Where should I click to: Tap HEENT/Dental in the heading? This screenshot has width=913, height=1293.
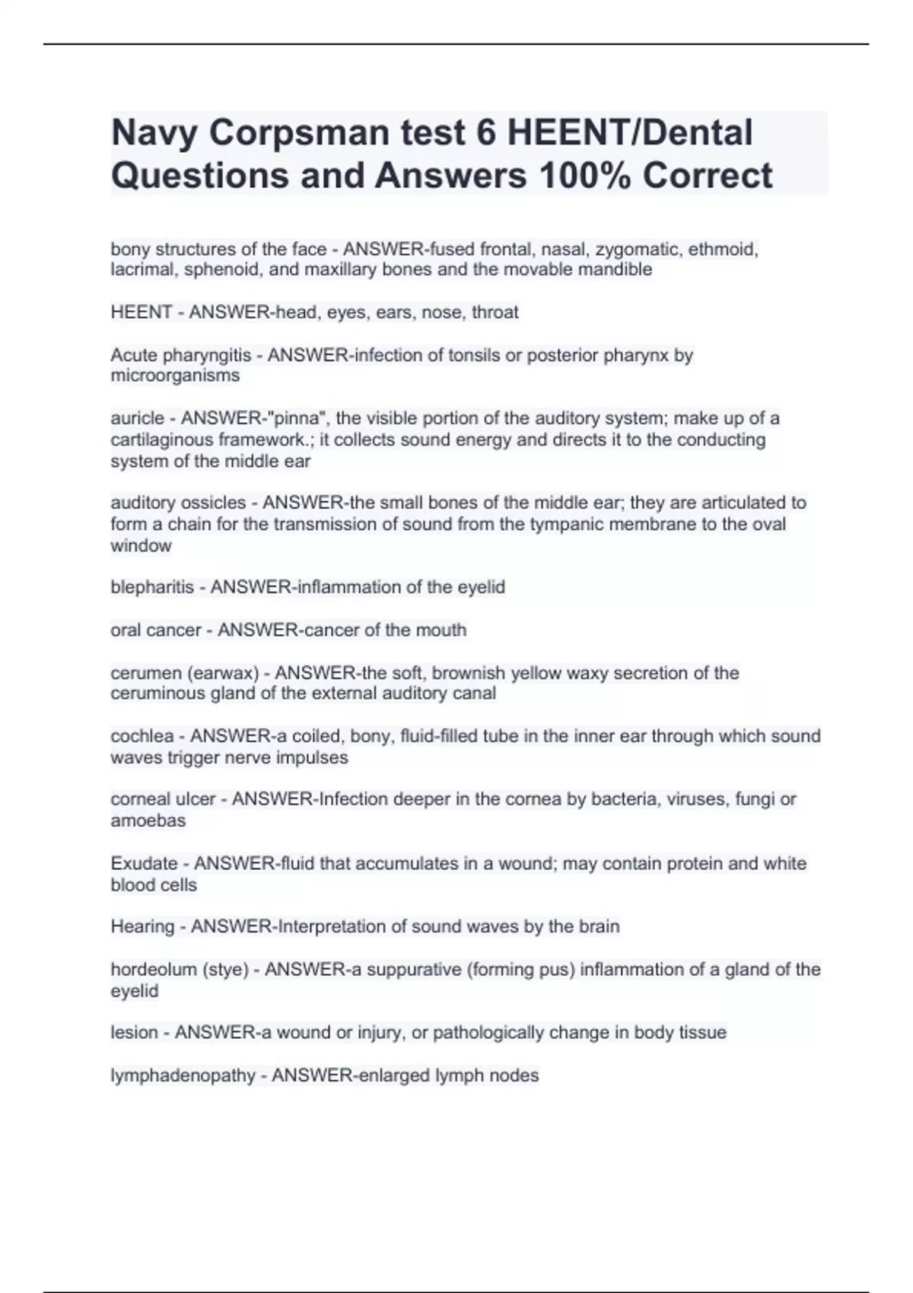click(x=630, y=133)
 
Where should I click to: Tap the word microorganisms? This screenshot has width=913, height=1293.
click(x=175, y=376)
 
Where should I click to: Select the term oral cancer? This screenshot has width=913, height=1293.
click(x=155, y=630)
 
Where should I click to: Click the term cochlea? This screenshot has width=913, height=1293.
click(x=142, y=736)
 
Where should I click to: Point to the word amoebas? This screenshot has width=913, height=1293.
click(x=148, y=821)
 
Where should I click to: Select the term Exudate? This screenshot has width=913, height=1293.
click(x=144, y=863)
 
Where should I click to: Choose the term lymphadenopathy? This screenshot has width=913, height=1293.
click(x=183, y=1075)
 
